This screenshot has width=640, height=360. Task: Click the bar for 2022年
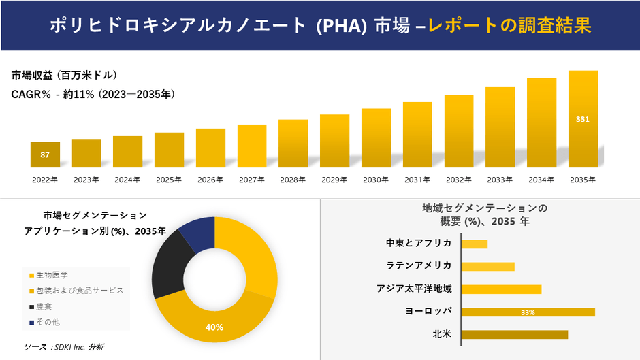point(45,155)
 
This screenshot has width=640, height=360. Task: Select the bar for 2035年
point(583,119)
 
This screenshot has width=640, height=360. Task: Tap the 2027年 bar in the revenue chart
point(252,146)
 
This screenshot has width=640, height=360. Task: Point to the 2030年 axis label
point(376,180)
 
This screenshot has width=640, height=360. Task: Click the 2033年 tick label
point(500,180)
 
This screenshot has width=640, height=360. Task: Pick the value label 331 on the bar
point(583,120)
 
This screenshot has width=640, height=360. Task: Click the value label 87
point(45,155)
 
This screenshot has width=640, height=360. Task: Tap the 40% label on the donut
point(214,327)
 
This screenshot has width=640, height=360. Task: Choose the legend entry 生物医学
point(52,275)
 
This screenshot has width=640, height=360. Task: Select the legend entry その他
point(48,322)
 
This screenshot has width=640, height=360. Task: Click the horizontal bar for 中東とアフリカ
point(475,244)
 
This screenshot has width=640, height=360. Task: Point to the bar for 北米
point(514,334)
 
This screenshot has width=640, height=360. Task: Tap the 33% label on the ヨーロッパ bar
point(528,312)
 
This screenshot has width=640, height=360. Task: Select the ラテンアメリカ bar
point(487,266)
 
